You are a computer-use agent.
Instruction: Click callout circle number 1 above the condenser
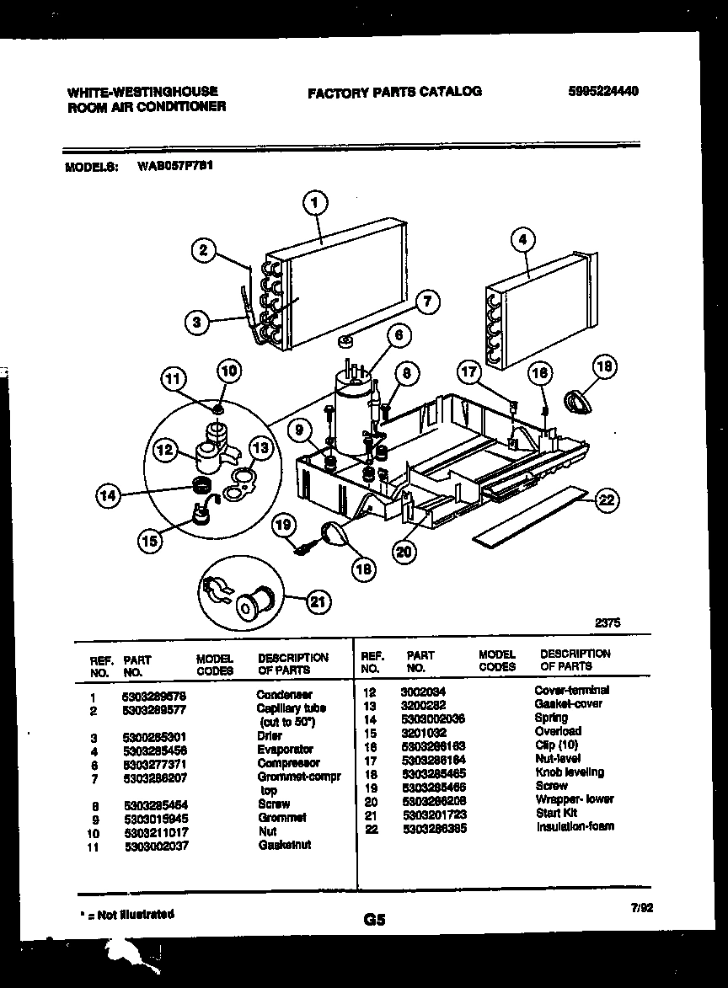[x=315, y=202]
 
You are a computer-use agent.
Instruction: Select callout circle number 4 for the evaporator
[x=522, y=240]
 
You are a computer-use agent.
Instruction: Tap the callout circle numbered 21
[x=317, y=601]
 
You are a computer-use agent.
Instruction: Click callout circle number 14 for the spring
[x=107, y=496]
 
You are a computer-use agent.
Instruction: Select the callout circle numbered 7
[x=427, y=302]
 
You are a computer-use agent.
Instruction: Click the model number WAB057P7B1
[x=174, y=166]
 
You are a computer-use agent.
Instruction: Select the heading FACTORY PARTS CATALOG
[x=394, y=92]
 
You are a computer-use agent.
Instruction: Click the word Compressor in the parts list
[x=288, y=763]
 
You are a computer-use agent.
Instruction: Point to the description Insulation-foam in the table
[x=575, y=826]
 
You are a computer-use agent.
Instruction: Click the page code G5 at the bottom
[x=374, y=921]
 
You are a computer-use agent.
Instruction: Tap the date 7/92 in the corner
[x=640, y=907]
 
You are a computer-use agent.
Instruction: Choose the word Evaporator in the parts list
[x=285, y=749]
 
